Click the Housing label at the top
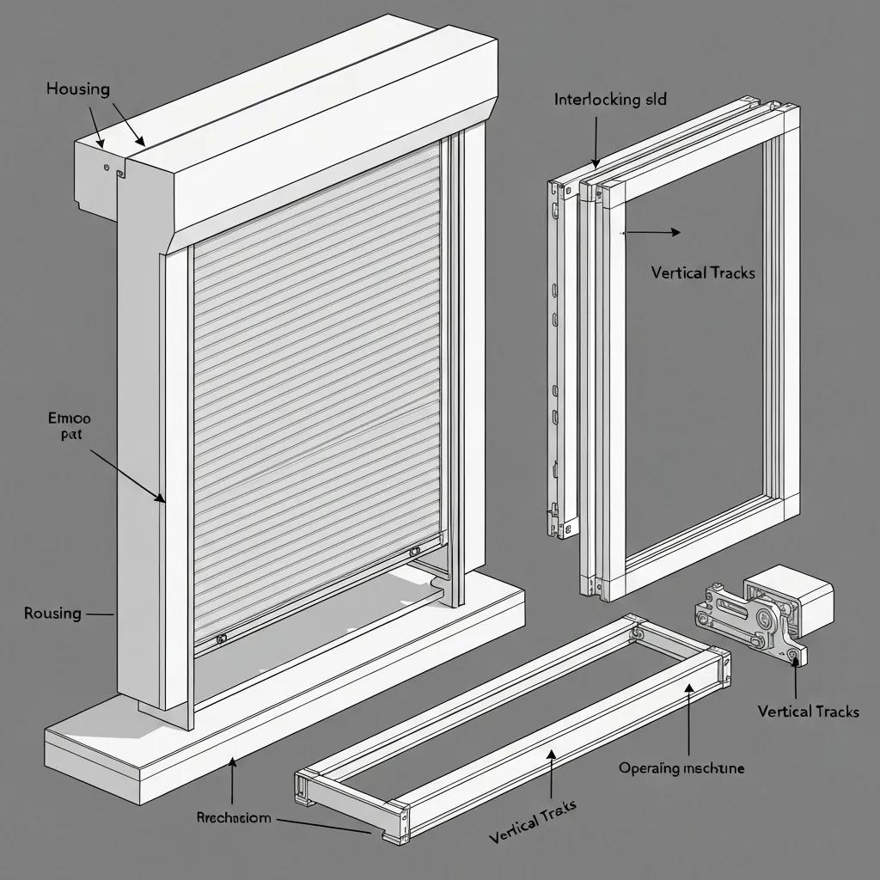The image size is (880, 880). tap(78, 89)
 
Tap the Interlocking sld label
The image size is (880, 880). tap(610, 99)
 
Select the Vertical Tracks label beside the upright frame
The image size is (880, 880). tap(703, 273)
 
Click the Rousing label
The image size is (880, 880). tap(53, 614)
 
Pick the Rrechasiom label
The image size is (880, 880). tap(233, 818)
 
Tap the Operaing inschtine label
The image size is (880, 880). tap(681, 767)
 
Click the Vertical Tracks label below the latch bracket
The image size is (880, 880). tap(808, 712)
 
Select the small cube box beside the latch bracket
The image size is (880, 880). tap(788, 596)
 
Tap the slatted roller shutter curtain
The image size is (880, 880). tap(318, 387)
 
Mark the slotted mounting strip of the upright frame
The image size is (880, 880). tap(559, 361)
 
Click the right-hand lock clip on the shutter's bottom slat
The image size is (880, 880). tap(415, 551)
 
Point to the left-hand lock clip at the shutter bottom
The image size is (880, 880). tap(222, 639)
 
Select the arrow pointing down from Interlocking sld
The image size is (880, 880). tap(595, 142)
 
